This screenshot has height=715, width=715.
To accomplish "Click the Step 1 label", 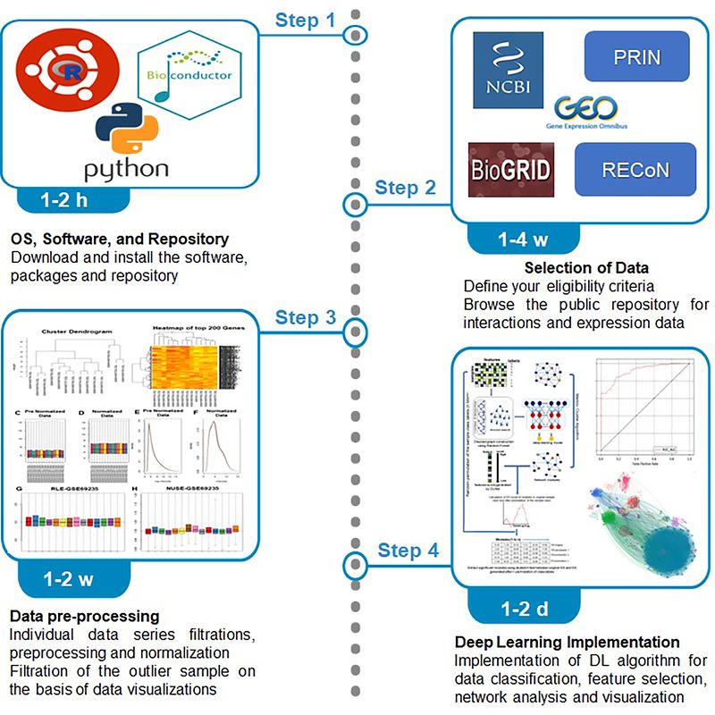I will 305,19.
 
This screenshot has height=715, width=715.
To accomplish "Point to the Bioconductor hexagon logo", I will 188,71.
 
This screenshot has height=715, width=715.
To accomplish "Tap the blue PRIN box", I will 636,56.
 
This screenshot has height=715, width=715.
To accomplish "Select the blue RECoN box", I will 636,169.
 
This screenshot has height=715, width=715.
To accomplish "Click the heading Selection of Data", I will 585,268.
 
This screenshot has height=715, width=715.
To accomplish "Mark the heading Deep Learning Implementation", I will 568,643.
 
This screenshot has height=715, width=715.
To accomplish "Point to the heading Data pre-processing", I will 84,617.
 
